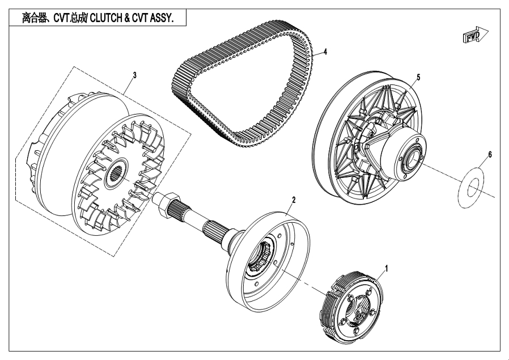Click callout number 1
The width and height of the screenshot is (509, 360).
(387, 266)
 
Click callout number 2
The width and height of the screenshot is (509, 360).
(294, 200)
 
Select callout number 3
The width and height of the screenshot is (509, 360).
(134, 74)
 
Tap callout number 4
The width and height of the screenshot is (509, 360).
(325, 52)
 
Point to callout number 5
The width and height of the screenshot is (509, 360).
(418, 76)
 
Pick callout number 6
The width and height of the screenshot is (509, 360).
(490, 154)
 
